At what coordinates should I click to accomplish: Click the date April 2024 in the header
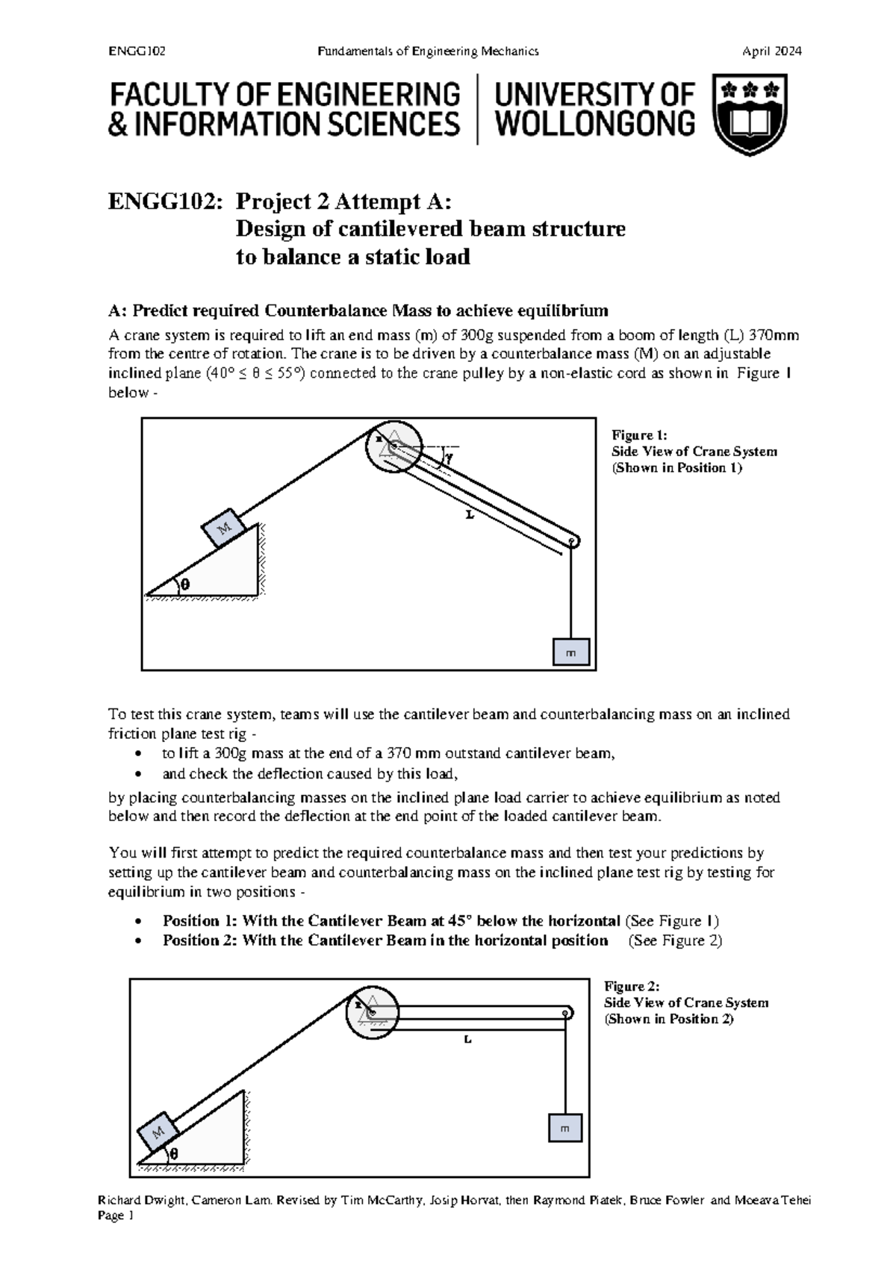771,52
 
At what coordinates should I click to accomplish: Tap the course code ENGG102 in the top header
137,52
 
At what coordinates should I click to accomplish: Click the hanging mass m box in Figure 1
571,652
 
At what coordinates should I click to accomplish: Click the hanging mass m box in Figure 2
565,1128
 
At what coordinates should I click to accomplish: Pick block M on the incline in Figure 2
158,1132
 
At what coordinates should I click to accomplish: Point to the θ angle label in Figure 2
174,1153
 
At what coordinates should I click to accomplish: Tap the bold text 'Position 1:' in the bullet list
199,920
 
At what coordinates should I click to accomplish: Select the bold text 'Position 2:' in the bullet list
199,941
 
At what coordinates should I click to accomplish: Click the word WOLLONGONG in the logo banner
595,124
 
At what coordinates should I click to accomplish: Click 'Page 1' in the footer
116,1237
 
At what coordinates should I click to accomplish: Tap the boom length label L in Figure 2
467,1039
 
